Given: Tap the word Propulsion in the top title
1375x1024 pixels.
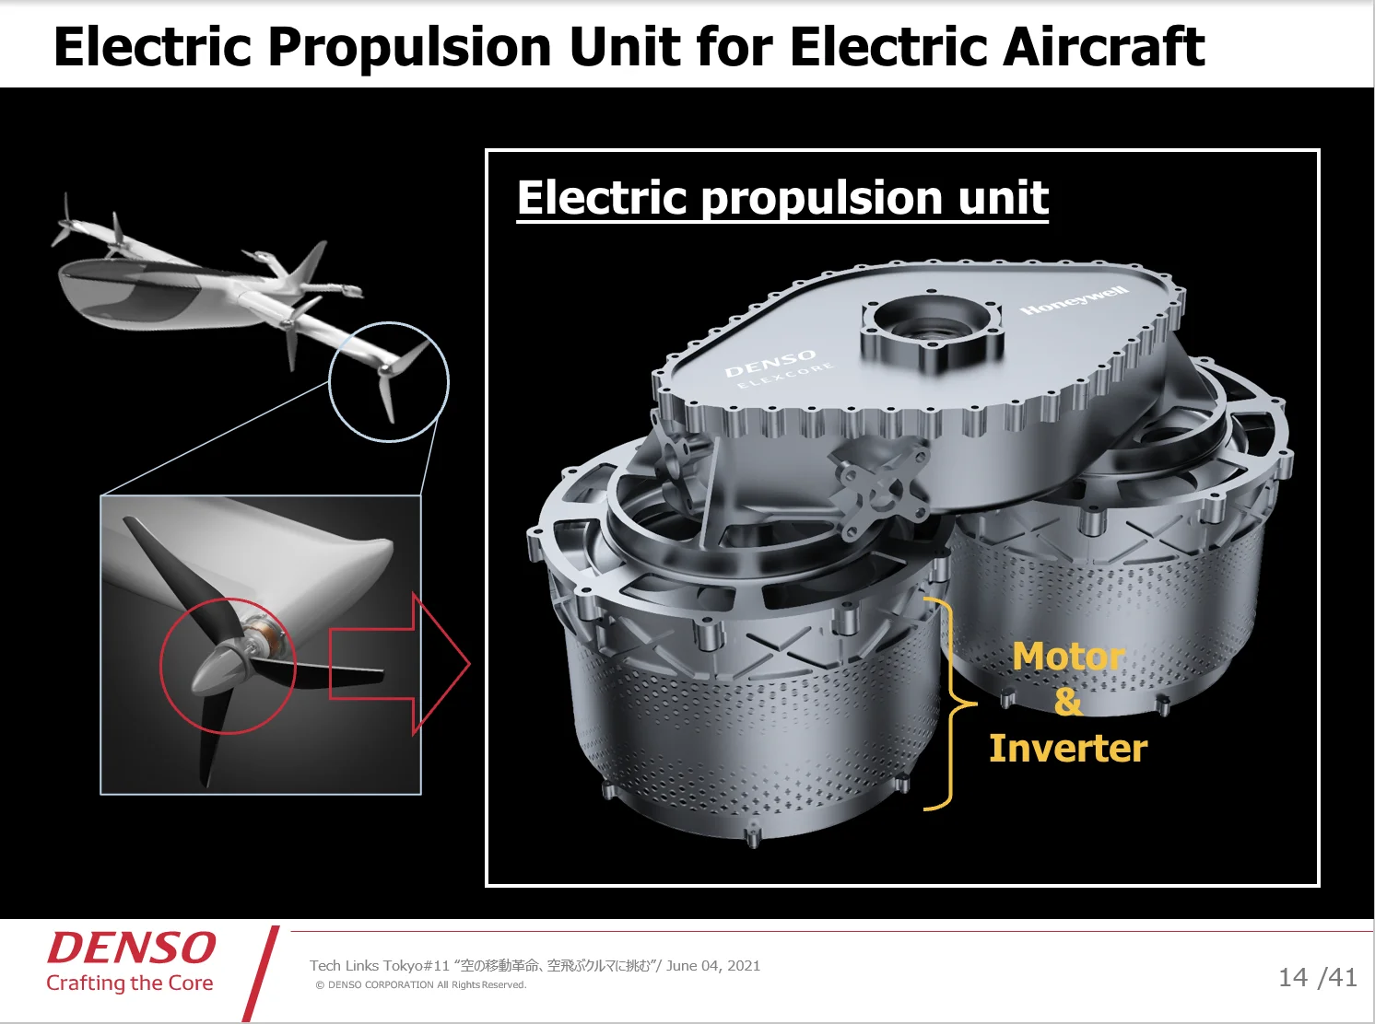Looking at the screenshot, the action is [409, 49].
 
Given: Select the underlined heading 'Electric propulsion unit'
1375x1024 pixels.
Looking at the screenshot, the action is [782, 198].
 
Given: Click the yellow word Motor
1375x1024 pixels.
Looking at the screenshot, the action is [1069, 657].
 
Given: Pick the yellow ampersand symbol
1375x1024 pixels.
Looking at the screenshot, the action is [1068, 702].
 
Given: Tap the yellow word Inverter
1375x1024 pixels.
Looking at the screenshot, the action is [1068, 748].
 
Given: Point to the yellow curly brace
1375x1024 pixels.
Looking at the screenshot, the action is [949, 704].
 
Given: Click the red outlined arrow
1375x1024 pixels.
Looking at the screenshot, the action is [399, 663].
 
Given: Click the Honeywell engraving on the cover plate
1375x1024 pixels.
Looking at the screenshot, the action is [1075, 300].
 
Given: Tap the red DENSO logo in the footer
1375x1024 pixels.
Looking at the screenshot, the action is [131, 948].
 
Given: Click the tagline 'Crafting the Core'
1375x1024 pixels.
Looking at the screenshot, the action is [130, 983].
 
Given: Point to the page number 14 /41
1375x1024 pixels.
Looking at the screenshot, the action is [1317, 977].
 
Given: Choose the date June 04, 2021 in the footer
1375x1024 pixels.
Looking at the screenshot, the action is [713, 965].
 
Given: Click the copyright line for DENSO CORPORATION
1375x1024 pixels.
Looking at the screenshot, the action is [421, 984].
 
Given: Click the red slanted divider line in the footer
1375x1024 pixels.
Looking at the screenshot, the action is [261, 973].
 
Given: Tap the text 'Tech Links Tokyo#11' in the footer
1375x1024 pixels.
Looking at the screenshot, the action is [380, 966].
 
